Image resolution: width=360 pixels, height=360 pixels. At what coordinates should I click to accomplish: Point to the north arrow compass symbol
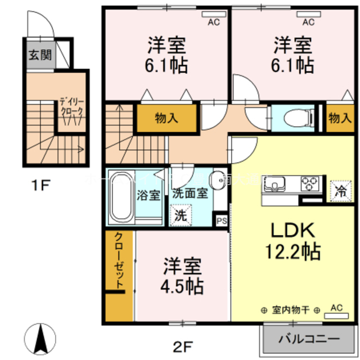41,339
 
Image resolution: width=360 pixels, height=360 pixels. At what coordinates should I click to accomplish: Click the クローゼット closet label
119,262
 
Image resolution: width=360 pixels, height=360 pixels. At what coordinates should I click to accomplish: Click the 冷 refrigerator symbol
340,189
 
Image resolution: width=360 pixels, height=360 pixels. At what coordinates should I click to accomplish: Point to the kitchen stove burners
310,183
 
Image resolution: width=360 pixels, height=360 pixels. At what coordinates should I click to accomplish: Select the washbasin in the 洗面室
216,181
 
